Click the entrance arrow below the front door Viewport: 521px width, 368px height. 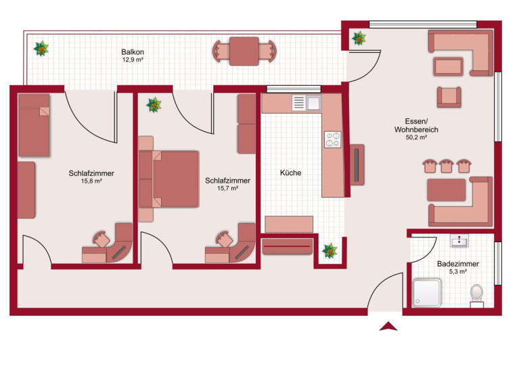388,327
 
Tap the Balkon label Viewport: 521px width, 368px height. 133,52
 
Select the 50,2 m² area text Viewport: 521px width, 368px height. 416,137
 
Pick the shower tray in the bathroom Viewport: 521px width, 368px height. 427,293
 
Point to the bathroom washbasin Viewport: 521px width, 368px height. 459,240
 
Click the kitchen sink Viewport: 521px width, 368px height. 307,103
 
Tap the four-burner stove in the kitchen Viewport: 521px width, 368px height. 333,139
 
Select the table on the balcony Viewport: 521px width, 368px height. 244,51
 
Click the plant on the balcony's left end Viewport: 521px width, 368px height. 41,49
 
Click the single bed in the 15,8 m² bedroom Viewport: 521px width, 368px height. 34,125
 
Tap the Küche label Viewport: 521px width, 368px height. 291,172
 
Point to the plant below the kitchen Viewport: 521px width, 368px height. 330,251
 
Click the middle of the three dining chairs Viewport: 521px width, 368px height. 447,166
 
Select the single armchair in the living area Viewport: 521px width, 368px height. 449,97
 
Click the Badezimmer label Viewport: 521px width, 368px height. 458,264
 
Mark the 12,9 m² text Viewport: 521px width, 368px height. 133,60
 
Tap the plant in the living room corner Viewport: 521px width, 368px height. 359,38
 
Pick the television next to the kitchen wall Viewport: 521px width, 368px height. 357,165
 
